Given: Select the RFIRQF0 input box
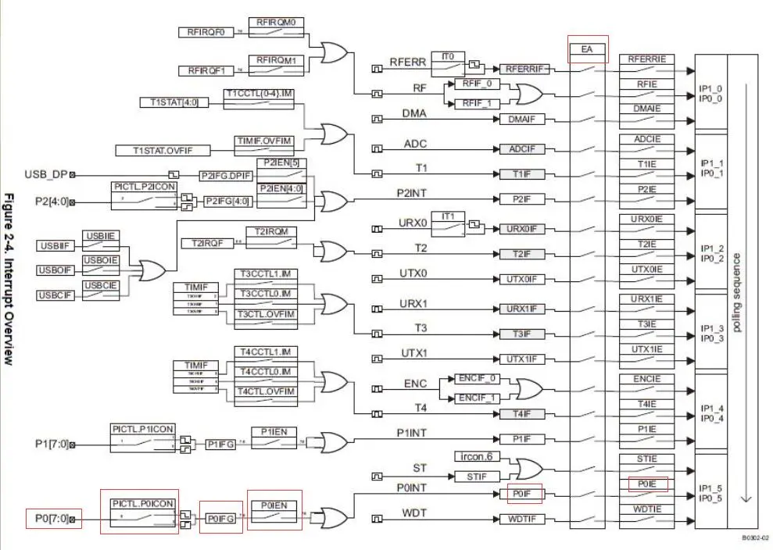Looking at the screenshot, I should coord(206,33).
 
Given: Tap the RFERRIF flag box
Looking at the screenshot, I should coord(521,69).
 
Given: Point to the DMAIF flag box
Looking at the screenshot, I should coord(521,120).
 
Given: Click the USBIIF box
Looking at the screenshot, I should coord(54,247).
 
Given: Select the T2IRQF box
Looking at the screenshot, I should coord(202,243).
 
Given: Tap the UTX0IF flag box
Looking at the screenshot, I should coord(521,279).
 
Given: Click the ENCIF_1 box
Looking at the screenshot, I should coord(478,398).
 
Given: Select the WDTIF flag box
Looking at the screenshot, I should coord(521,519).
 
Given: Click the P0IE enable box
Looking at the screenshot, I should coord(648,484).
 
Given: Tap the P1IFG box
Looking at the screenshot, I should coord(221,444).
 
